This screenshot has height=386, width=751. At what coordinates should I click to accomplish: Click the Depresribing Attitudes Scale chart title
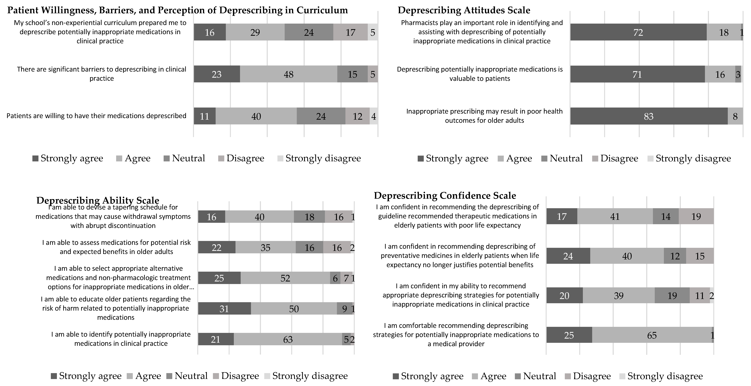point(464,10)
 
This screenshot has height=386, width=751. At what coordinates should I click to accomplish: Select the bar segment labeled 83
point(649,116)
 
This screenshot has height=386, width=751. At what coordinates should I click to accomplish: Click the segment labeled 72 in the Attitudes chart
point(638,32)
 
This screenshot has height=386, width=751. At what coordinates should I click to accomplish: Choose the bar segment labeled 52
point(285,278)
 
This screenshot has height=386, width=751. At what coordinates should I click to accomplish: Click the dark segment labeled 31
point(224,309)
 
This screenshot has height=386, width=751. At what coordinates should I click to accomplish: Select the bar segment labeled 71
point(637,74)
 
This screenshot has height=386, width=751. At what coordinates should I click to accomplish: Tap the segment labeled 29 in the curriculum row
point(255,32)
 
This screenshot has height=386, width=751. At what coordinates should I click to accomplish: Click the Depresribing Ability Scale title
point(98,200)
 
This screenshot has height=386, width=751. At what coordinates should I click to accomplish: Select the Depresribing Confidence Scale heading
point(445,195)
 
